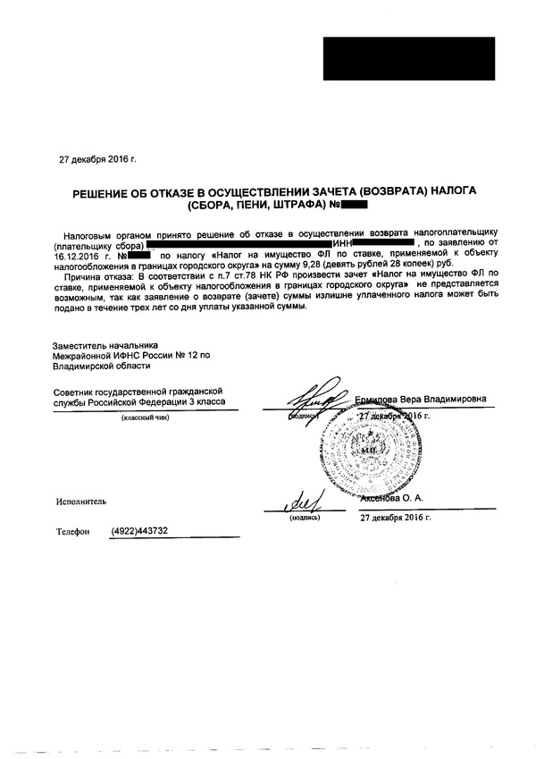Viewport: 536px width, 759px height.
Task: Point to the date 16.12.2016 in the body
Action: click(75, 255)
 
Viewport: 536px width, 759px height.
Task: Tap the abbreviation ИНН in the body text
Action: click(342, 244)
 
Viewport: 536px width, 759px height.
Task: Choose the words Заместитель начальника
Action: click(105, 344)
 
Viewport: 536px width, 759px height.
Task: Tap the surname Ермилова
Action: click(379, 399)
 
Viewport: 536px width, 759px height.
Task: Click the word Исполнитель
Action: click(81, 503)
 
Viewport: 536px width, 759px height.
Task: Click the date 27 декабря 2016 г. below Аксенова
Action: click(395, 518)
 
